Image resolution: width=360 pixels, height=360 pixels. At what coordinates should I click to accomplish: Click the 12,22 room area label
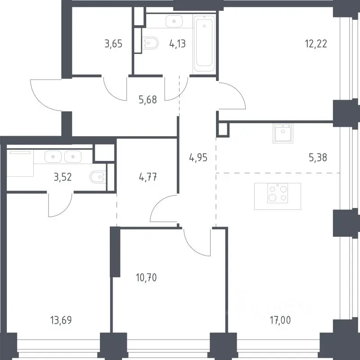click(x=316, y=44)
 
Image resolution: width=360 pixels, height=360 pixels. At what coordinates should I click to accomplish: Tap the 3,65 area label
click(x=113, y=44)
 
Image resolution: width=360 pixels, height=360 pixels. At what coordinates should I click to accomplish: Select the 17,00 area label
click(x=280, y=320)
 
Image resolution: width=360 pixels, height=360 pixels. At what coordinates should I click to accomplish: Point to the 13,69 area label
click(x=61, y=320)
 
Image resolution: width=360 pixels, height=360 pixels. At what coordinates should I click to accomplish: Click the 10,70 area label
click(x=146, y=278)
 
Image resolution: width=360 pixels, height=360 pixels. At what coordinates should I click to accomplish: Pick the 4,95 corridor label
click(x=198, y=158)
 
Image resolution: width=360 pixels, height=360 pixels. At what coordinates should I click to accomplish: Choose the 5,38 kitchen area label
click(x=318, y=158)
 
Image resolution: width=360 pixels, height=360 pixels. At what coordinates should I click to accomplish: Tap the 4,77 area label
click(x=148, y=177)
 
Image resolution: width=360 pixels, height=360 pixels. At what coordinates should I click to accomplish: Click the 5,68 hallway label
click(x=148, y=100)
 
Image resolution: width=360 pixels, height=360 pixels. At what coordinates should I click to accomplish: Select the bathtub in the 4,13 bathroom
click(x=204, y=44)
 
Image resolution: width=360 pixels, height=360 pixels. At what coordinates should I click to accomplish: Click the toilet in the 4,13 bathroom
click(x=151, y=43)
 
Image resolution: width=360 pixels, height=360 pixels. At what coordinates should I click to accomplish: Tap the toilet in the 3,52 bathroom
click(x=98, y=177)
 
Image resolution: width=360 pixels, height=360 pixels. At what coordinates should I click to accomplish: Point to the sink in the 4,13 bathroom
click(x=174, y=22)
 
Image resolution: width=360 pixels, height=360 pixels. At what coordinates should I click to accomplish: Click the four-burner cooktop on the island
click(x=278, y=193)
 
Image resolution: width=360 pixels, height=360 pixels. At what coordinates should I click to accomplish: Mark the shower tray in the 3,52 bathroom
click(x=20, y=163)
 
